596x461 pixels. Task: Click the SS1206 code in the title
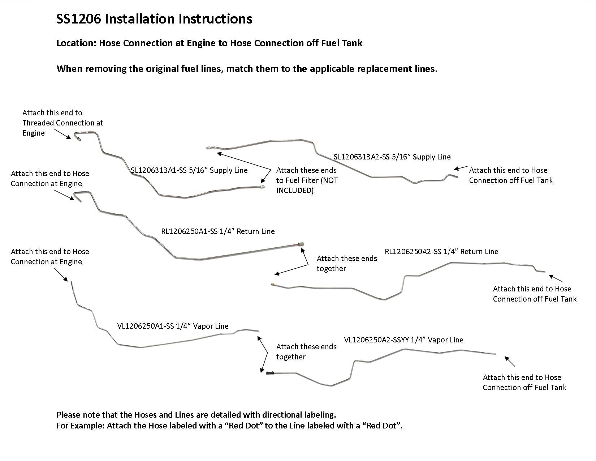point(79,19)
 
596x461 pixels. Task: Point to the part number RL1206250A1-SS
point(191,231)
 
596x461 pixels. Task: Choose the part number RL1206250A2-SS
point(414,252)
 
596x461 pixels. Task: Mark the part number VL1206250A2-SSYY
point(376,340)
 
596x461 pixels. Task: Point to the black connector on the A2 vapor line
point(270,373)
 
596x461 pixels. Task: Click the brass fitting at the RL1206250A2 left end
point(273,285)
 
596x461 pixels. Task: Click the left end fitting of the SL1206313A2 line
point(208,148)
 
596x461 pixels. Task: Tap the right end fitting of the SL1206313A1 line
point(262,187)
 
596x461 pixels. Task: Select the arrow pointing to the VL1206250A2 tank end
point(509,361)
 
